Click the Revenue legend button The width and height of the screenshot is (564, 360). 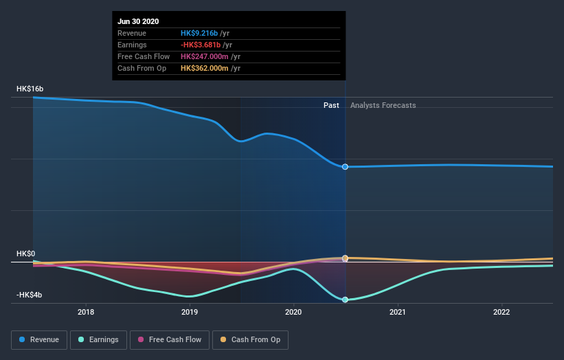pos(40,339)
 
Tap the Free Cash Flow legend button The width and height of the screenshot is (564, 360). pos(170,339)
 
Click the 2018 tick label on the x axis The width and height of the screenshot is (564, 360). pos(86,312)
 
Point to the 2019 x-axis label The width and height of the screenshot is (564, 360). pos(190,312)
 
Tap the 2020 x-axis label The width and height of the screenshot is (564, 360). pos(294,312)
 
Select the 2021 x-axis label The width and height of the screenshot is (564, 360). pos(398,312)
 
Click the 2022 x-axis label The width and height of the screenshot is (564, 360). pos(501,312)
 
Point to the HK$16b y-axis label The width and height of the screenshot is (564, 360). pos(30,89)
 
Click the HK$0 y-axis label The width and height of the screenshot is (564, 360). pos(25,254)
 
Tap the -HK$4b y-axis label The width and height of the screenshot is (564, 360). pos(30,295)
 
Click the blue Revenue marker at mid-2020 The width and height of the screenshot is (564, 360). pos(345,167)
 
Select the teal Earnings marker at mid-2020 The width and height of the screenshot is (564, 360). pos(345,300)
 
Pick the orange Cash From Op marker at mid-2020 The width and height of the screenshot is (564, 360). pos(345,258)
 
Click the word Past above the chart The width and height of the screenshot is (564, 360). pos(331,105)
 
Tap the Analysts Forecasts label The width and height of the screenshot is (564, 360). pos(383,105)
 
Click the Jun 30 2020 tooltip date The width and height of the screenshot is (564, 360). pos(138,21)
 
